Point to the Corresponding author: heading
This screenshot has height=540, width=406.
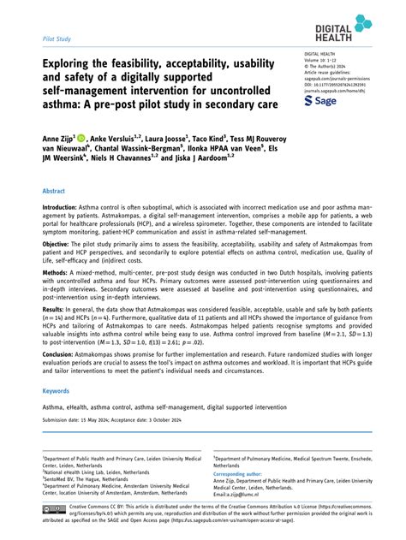coord(243,472)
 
